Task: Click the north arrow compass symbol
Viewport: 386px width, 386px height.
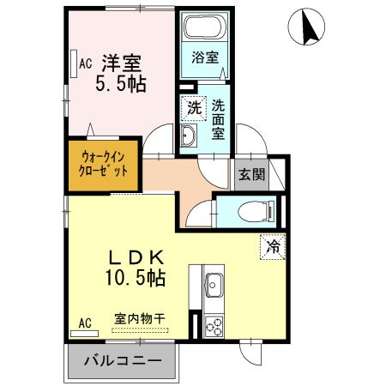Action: click(309, 28)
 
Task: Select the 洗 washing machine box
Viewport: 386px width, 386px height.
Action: click(194, 109)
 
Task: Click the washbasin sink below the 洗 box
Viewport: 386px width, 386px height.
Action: click(190, 135)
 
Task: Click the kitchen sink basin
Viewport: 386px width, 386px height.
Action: click(213, 285)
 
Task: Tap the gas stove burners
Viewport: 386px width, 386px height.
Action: click(213, 326)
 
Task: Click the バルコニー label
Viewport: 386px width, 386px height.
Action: click(122, 361)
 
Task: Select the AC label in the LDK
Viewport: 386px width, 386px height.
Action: click(84, 323)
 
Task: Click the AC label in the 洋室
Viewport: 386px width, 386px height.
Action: click(85, 63)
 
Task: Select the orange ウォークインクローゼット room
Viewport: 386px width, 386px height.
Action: click(104, 164)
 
